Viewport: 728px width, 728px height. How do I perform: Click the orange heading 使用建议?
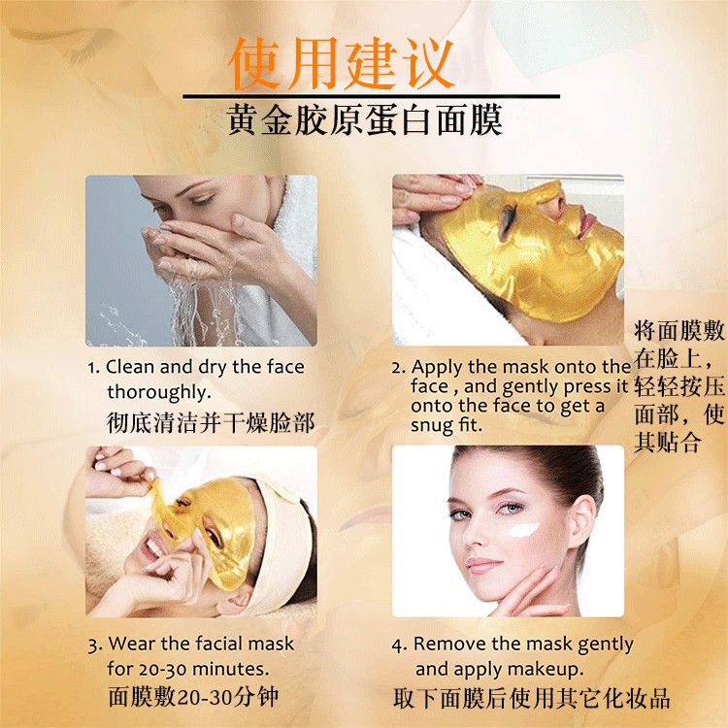[x=342, y=64]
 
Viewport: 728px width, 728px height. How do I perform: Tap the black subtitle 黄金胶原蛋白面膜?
[x=365, y=119]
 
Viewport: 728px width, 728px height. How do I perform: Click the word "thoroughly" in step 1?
[x=159, y=392]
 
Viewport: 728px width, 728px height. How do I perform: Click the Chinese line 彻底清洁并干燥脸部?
[x=211, y=423]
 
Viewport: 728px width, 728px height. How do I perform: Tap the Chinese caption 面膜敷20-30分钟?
[x=193, y=697]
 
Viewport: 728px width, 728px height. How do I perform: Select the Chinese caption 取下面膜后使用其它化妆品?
[x=531, y=698]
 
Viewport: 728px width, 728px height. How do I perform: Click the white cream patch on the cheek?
[x=524, y=529]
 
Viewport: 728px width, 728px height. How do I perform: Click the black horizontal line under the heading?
[x=371, y=96]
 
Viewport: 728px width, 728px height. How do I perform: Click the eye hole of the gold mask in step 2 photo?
[x=507, y=218]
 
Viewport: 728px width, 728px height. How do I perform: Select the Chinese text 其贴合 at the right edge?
[x=667, y=442]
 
